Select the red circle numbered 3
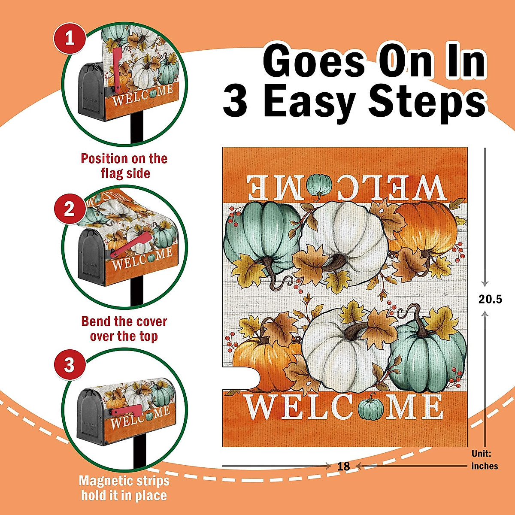tap(70, 365)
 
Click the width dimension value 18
tap(343, 466)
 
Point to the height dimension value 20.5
tap(490, 299)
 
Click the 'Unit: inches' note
tap(485, 460)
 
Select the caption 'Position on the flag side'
tap(124, 166)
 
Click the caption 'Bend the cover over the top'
tap(124, 328)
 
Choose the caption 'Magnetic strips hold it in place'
tap(124, 488)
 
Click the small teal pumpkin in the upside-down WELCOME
tap(319, 185)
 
